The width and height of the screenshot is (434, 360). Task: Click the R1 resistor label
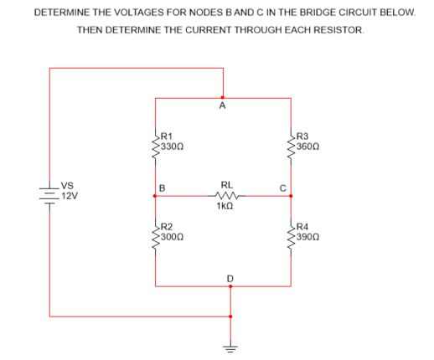[167, 135]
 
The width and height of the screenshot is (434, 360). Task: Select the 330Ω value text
[172, 146]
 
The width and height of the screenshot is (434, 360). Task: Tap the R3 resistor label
[303, 135]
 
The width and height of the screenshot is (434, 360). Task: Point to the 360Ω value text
[308, 146]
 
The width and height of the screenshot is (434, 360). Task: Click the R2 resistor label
[167, 227]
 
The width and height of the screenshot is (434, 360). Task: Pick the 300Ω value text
[172, 237]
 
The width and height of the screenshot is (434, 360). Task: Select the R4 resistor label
[303, 227]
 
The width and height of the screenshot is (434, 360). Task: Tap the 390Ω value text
[308, 237]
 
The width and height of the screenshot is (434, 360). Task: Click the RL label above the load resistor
[226, 184]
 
